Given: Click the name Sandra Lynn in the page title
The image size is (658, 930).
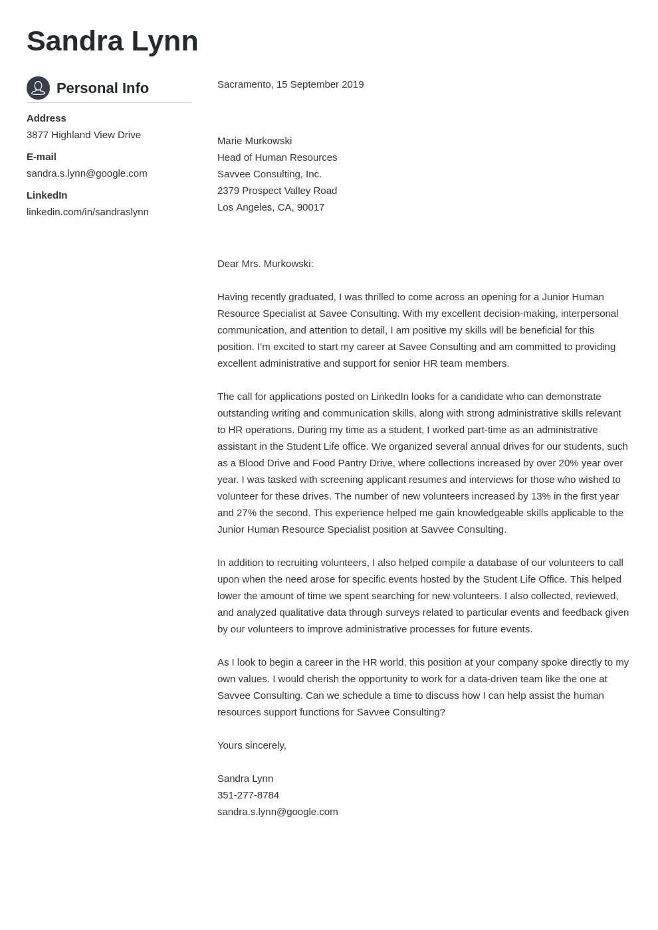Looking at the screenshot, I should coord(112,41).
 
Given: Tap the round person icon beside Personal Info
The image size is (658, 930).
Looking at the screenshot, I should coord(38,88).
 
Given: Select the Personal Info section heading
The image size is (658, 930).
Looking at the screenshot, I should coord(102,88).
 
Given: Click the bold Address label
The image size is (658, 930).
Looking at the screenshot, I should coord(47,118).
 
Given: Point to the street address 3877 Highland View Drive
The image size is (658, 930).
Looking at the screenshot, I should coord(84,135).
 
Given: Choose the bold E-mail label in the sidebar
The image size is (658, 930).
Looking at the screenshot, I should coord(41,157).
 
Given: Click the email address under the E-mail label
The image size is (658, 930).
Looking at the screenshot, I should coord(87,173).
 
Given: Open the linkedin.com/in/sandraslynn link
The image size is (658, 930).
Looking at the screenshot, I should coord(88,212).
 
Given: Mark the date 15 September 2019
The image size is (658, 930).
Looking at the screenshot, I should coord(320,84).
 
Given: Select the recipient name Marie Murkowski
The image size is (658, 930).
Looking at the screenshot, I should coord(255,141).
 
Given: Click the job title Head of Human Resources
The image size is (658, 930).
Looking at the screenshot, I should coord(277,157).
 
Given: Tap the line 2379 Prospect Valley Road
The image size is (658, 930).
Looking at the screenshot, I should coord(277,191).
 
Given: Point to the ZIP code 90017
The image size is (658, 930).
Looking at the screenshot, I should coord(310,207).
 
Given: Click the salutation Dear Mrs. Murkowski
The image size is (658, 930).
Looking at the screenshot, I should coord(265,264).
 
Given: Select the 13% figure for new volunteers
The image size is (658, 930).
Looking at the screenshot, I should coord(541,496).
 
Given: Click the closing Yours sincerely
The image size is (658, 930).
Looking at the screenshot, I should coord(252,745).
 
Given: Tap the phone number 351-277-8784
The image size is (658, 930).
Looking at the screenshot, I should coord(248,795).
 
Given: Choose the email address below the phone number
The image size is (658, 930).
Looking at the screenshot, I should coord(278,812).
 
